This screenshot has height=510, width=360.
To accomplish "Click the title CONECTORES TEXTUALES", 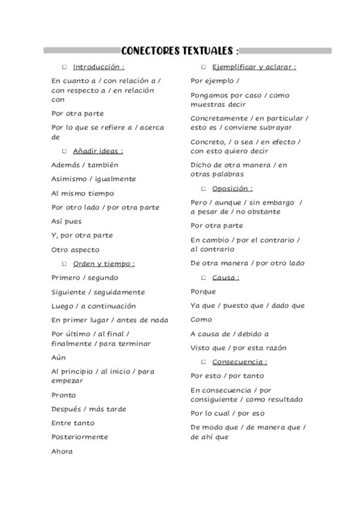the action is (180, 51).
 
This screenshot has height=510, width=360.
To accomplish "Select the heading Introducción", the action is (99, 67).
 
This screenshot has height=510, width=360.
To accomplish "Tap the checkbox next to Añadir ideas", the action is (64, 151).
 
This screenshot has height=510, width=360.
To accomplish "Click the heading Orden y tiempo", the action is (103, 263).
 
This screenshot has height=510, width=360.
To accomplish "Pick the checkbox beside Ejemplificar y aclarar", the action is (204, 67).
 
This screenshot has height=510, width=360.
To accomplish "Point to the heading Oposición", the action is (232, 189).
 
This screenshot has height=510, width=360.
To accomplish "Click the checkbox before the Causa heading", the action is (204, 277).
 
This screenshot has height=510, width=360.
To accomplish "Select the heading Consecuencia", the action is (239, 362).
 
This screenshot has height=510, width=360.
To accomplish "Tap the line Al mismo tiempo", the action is (82, 193).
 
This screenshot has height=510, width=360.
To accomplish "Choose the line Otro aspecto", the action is (75, 250).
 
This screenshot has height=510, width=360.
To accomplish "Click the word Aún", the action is (58, 357).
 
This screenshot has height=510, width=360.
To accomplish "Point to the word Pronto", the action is (64, 395).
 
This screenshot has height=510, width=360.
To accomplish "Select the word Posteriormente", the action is (79, 437).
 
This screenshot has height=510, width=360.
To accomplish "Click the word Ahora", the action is (62, 451).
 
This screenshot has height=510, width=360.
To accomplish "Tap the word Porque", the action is (203, 292).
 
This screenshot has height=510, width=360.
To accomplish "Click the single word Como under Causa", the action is (201, 319).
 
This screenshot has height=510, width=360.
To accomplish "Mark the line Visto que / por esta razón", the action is (238, 348).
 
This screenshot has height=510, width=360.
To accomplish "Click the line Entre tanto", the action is (73, 423).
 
